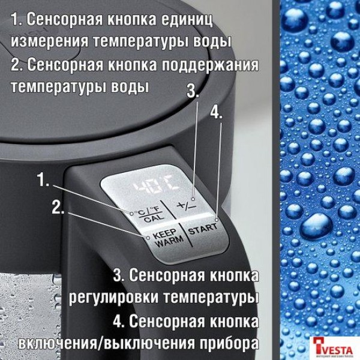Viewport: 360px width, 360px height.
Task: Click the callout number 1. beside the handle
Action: point(44,179)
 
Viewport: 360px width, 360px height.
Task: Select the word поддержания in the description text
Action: point(208,64)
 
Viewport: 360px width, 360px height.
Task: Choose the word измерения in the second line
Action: point(49,43)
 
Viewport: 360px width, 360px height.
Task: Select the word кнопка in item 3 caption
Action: point(233,275)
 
